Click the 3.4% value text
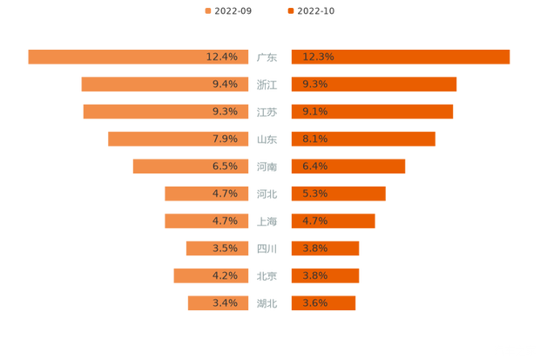(225, 303)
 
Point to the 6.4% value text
(314, 166)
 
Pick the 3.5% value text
(225, 248)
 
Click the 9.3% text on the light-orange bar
(225, 112)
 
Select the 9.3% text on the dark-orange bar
(314, 85)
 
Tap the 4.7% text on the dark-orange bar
(314, 221)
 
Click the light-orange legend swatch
(208, 11)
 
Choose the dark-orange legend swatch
(289, 11)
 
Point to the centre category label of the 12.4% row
(267, 58)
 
